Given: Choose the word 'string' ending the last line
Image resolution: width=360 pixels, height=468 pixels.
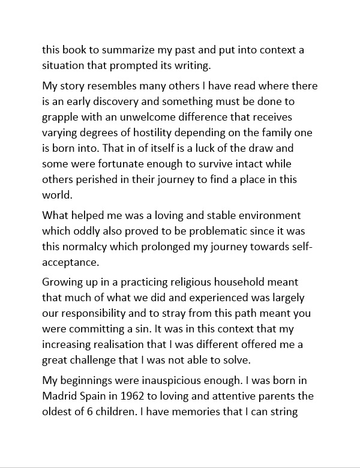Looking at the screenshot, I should click(x=285, y=411).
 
